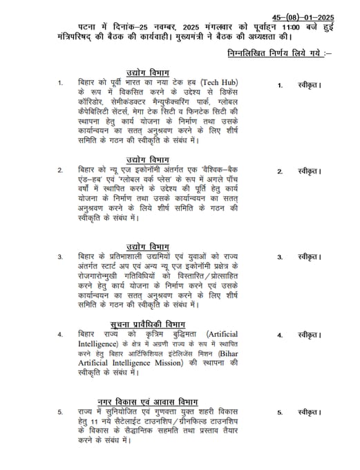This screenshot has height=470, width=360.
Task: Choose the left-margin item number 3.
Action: (60, 256)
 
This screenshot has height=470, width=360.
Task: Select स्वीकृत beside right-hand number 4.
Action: (309, 335)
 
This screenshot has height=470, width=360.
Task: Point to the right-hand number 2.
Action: (280, 171)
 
